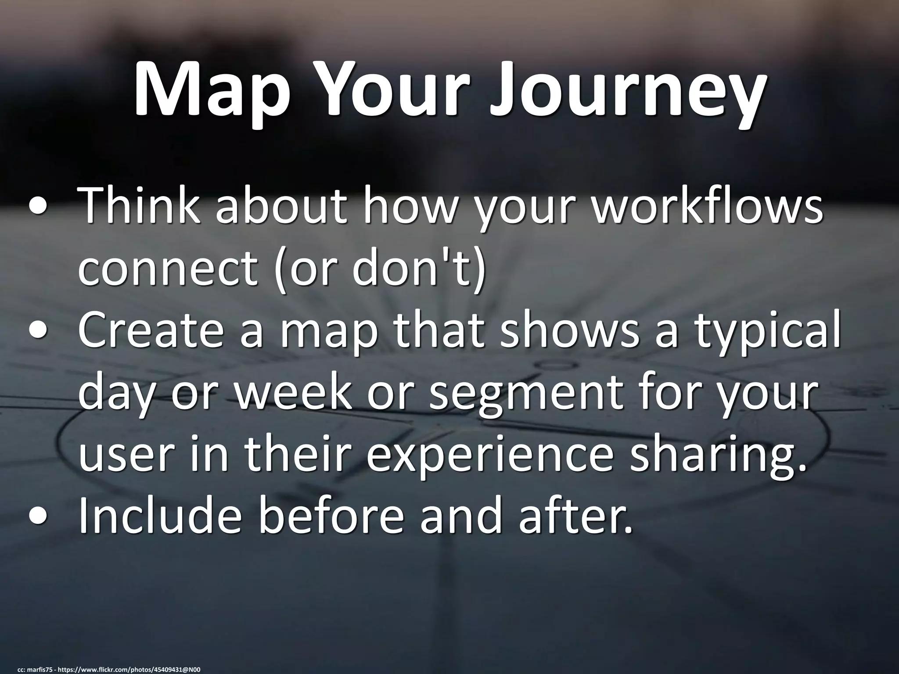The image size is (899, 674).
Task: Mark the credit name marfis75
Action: point(40,670)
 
